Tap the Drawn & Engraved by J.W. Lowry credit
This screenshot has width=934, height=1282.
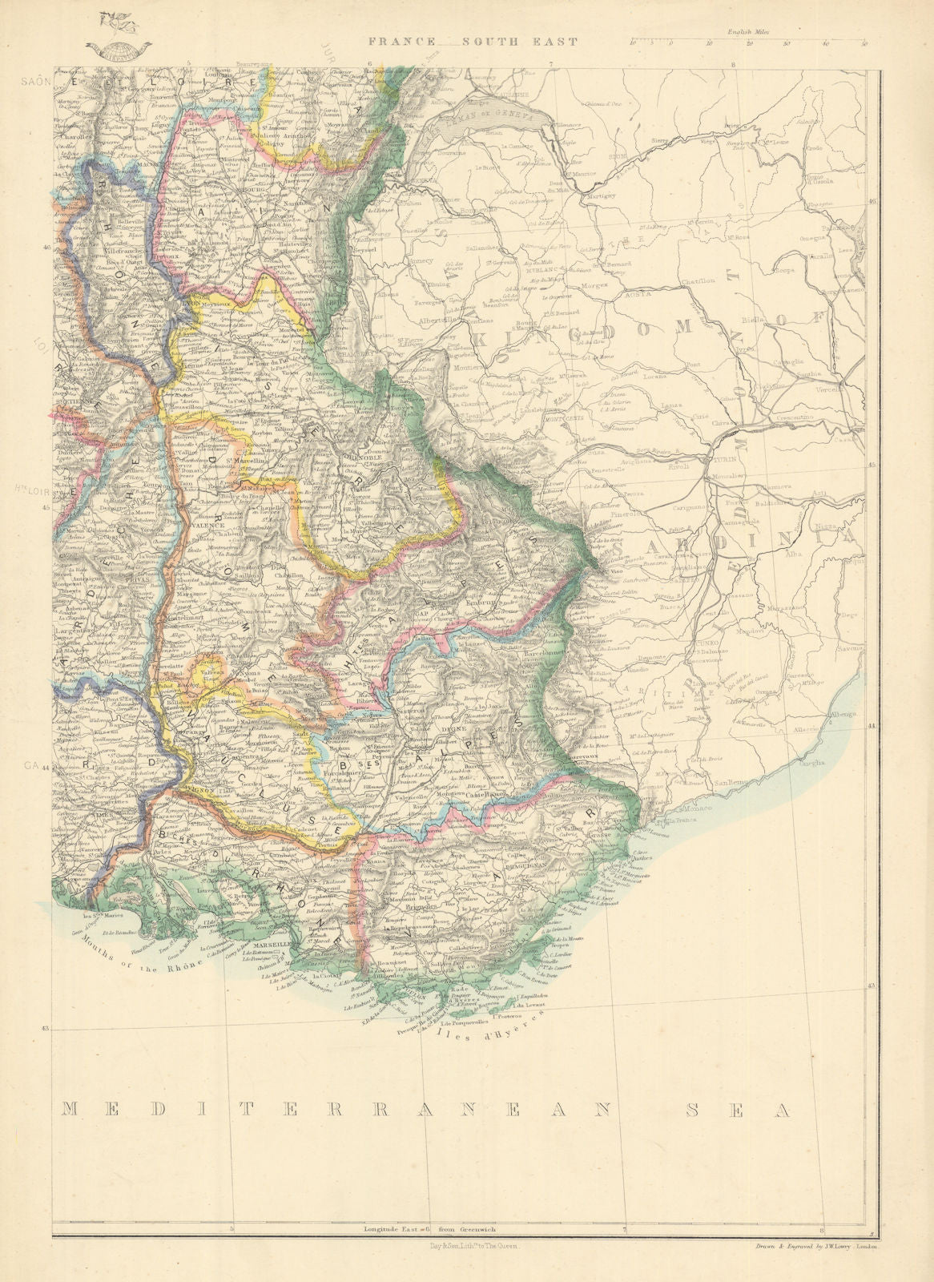click(816, 1244)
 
